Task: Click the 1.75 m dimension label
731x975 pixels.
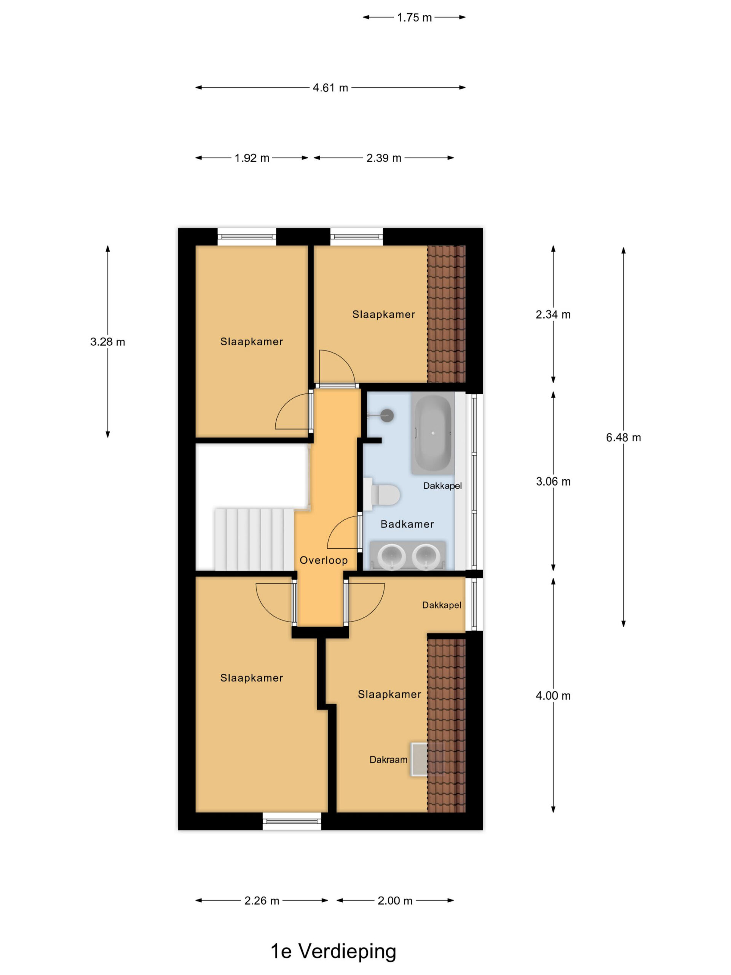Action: coord(414,18)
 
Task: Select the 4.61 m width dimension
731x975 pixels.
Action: coord(330,88)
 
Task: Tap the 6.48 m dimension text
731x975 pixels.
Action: coord(623,437)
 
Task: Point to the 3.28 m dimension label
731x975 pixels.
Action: coord(107,342)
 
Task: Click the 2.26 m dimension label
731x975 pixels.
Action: coord(262,900)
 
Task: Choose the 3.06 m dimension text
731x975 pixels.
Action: coord(553,481)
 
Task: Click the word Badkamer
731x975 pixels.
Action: coord(407,524)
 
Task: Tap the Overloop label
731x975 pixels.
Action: coord(323,560)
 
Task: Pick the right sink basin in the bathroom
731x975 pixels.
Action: coord(426,556)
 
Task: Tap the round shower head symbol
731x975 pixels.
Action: coord(387,415)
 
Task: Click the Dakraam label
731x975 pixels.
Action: coord(388,759)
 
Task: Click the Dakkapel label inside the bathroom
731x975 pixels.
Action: coord(442,486)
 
